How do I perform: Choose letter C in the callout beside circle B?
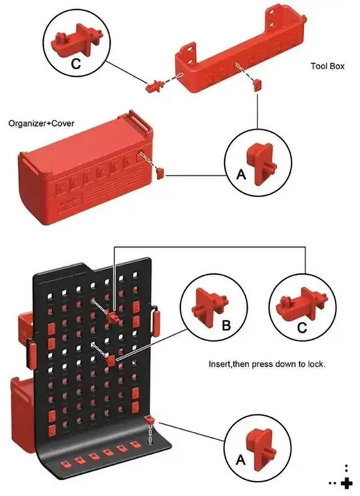[x=302, y=327]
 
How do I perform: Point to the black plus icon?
[x=346, y=482]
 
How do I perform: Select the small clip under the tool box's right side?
[x=257, y=85]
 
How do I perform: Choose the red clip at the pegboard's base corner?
[x=150, y=420]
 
